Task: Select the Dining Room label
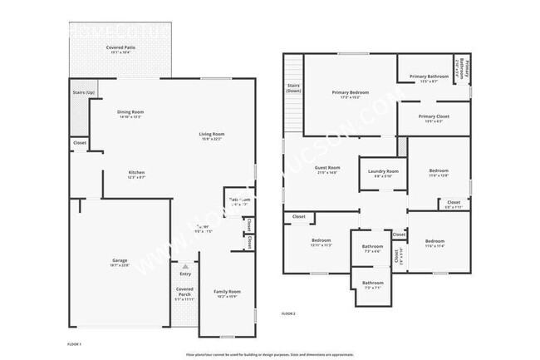[130, 112]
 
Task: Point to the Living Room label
[211, 135]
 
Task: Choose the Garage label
[120, 261]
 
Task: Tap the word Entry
[184, 274]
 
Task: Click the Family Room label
[227, 291]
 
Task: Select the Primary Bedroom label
[350, 92]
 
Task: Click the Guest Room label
[327, 167]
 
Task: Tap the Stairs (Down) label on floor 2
[293, 87]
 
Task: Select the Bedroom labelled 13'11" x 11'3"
[322, 240]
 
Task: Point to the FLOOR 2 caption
[288, 313]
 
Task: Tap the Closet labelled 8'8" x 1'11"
[454, 202]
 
